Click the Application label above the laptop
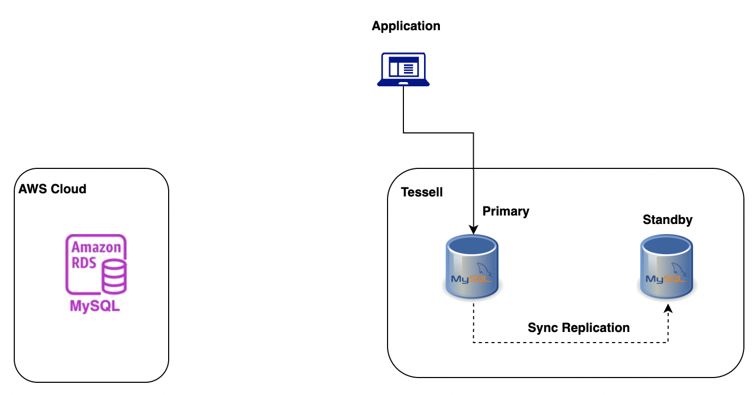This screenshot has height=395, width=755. tap(406, 26)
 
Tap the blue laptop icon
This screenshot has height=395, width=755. tap(403, 69)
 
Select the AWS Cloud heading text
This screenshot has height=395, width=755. tap(52, 189)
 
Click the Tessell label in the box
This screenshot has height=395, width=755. tap(421, 192)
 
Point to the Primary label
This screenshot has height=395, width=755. tap(505, 211)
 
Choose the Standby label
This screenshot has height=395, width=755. tap(667, 220)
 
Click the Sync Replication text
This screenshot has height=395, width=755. tap(578, 328)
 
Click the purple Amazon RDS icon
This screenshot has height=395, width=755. tap(96, 265)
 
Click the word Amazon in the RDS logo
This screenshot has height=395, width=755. tap(96, 247)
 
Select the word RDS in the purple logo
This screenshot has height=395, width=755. tap(84, 263)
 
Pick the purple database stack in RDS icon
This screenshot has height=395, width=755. tap(114, 276)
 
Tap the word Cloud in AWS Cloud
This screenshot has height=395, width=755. tap(69, 189)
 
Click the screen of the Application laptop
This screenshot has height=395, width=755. tap(403, 67)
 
